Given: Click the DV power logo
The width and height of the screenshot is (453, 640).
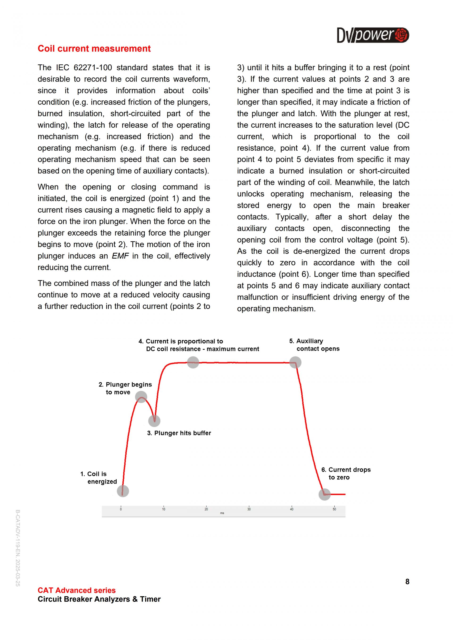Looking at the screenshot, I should pos(373,35).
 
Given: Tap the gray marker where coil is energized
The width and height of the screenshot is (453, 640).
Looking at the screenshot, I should pos(123,491).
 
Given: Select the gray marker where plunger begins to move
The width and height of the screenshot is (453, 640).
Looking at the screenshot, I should pos(141,397).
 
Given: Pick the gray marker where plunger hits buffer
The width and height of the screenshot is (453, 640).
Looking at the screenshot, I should pos(154,421).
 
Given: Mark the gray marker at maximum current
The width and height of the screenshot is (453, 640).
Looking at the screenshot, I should pos(193,362).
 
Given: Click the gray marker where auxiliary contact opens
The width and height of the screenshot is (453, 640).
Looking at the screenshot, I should pos(295,362).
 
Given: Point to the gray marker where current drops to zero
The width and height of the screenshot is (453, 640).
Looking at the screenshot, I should pos(324,495).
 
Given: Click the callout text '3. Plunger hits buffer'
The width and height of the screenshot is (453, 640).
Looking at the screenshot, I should pos(179,433).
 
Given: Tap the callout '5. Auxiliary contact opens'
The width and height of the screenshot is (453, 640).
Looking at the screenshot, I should pos(314,345).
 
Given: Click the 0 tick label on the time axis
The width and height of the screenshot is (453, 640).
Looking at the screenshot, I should pos(121,509).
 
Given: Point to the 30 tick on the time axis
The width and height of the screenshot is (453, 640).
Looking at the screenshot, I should pos(249,509).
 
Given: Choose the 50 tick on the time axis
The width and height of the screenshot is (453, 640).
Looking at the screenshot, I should pos(334,509).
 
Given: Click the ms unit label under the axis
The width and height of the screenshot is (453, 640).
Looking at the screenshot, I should pos(222,513).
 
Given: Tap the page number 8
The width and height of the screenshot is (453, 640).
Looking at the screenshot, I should pos(407,582).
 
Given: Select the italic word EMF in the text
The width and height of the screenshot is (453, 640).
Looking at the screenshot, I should pos(120,256).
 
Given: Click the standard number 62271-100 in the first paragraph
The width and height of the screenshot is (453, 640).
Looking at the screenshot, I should pos(93,67).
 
